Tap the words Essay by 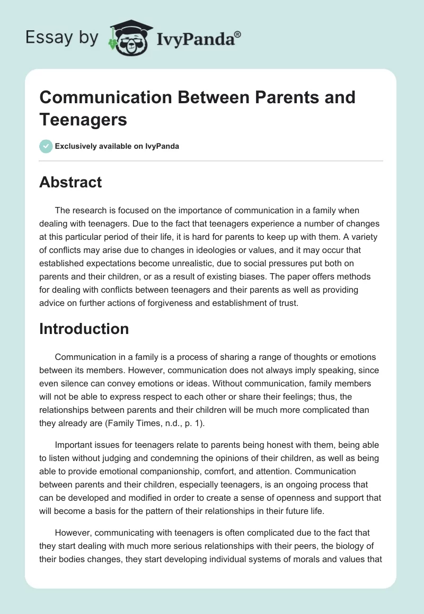click(x=63, y=37)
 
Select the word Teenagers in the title click(x=83, y=120)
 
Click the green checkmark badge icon click(x=46, y=147)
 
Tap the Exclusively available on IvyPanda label click(x=118, y=147)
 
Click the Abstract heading click(x=70, y=182)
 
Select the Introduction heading click(x=84, y=329)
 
